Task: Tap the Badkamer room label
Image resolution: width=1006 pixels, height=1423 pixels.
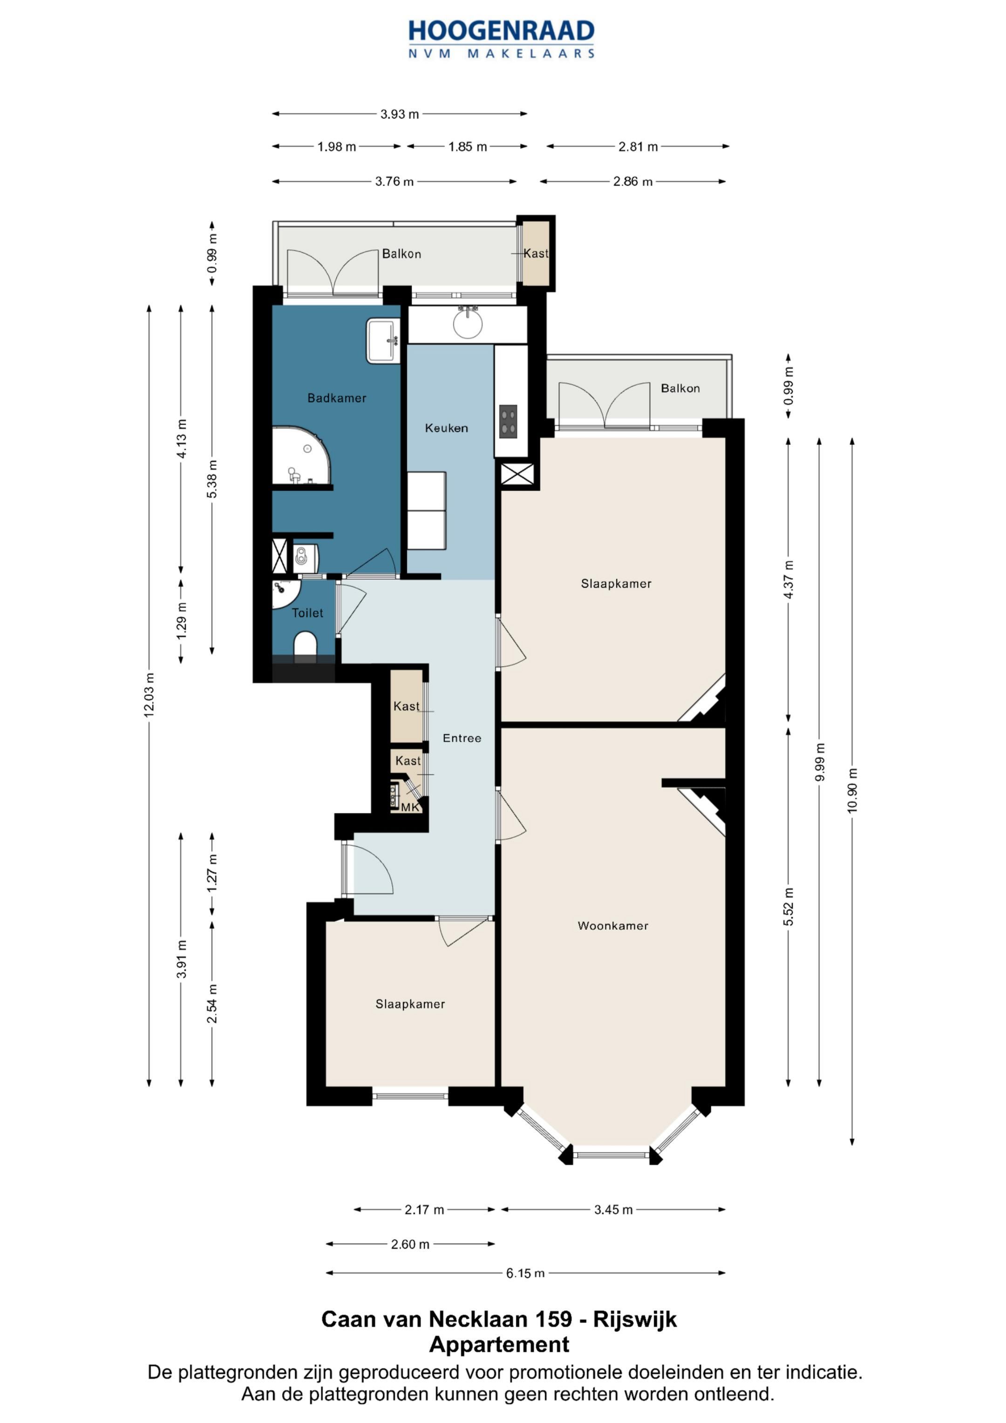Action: (337, 398)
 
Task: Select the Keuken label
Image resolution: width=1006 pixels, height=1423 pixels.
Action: (446, 428)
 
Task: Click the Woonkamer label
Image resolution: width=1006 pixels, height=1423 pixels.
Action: (612, 926)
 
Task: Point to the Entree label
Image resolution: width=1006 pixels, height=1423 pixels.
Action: (462, 737)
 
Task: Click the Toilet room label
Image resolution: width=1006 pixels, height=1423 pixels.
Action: (307, 613)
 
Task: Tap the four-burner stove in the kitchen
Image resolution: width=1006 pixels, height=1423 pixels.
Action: (508, 422)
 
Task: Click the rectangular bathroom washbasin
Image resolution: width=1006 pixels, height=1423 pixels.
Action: (383, 340)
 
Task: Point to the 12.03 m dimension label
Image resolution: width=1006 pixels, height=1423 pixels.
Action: (149, 695)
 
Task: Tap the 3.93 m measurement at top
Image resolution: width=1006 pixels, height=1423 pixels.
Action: (399, 114)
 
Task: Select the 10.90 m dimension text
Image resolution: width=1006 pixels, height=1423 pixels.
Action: (852, 790)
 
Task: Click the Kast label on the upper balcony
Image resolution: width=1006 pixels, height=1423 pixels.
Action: (536, 253)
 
